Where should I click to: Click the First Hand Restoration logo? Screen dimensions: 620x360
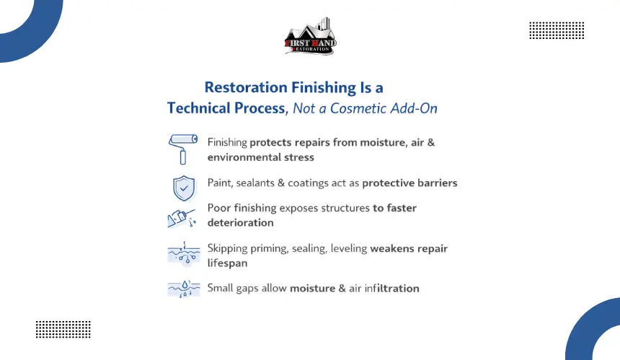pos(311,36)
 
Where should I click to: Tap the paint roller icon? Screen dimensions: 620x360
pos(182,149)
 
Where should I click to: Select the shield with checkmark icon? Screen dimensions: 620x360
pos(184,188)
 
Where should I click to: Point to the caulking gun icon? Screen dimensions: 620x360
pos(182,218)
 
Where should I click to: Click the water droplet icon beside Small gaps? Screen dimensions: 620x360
pos(184,289)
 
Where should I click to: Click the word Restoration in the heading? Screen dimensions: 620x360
pos(246,87)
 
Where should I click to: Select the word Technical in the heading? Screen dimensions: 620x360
pos(199,108)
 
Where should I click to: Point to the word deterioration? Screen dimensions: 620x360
pos(240,223)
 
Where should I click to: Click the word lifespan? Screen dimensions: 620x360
pos(227,263)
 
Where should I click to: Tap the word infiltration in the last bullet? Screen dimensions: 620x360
pos(391,289)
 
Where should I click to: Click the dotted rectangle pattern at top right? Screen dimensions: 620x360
pos(557,30)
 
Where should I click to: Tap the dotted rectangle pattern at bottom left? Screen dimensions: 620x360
pos(63,330)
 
